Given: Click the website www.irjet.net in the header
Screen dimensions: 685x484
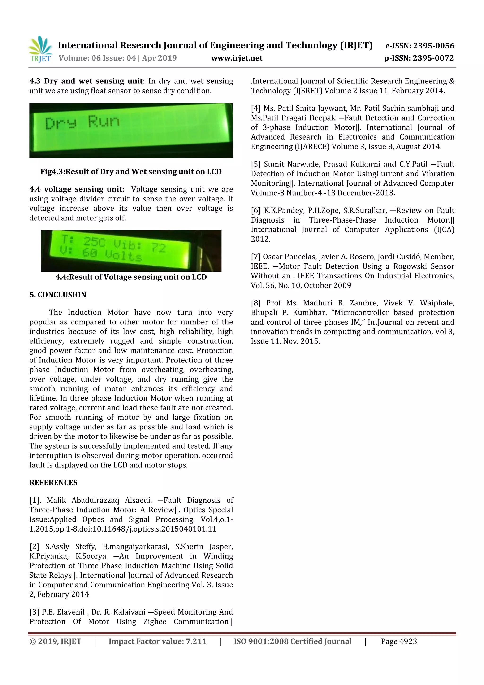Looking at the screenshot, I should pos(237,58).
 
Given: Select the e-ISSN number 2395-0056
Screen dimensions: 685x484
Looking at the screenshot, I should pos(433,46).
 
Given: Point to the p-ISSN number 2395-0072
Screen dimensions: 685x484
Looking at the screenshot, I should pos(433,58).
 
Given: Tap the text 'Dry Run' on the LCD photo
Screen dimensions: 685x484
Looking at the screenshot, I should pos(82,122).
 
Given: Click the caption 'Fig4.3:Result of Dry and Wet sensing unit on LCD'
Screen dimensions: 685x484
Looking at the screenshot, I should pos(131,172).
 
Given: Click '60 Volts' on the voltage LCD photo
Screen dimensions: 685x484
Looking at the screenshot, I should pos(112,254).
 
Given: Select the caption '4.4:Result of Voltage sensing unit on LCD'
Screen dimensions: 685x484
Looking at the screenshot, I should pos(131,277).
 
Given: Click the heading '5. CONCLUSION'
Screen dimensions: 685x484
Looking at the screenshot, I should pos(58,295).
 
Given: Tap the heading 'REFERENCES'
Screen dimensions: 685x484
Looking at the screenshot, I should pos(53,483).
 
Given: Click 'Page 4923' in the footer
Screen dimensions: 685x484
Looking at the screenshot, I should pos(399,641).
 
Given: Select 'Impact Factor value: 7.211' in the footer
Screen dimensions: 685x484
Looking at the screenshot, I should pos(157,641).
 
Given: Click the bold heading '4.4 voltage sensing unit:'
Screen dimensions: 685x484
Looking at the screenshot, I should pos(77,189).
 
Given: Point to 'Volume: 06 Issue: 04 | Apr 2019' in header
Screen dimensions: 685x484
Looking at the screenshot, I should pos(117,58).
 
